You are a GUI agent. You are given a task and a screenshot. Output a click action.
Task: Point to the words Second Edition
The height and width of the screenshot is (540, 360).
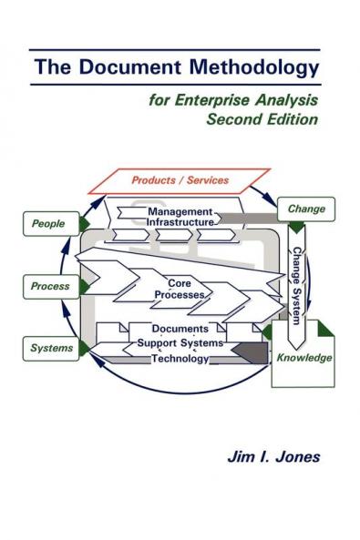point(264,118)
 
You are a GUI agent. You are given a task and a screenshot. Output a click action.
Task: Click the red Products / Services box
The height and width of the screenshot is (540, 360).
point(180,180)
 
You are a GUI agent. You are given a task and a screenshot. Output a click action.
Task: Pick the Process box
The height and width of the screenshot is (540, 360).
point(50,286)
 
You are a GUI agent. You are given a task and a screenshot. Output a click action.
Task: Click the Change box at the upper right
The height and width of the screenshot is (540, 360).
point(305,209)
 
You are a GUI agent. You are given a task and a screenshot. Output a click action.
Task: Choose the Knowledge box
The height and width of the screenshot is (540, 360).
point(304,358)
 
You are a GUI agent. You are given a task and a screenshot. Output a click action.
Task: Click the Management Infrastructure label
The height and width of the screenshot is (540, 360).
point(180,217)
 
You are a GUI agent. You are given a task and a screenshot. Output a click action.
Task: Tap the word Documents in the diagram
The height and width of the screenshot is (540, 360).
point(180,328)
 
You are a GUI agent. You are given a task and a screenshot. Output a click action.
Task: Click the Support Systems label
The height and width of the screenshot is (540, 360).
point(180,343)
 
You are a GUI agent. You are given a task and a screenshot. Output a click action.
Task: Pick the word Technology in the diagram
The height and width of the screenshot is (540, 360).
point(180,359)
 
